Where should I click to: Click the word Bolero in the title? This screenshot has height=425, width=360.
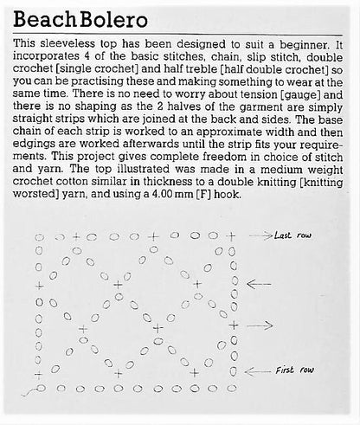[x=103, y=18]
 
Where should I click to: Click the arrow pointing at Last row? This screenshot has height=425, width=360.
[x=260, y=235]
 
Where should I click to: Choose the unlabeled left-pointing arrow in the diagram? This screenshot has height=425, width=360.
[x=259, y=283]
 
